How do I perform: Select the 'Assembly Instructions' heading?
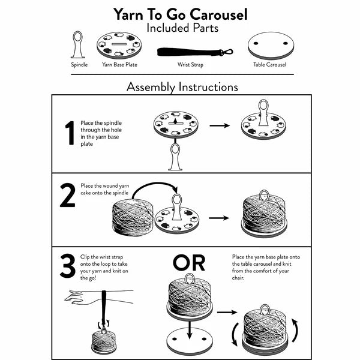pyautogui.click(x=182, y=86)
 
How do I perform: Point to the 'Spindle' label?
pyautogui.click(x=78, y=64)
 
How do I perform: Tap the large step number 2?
pyautogui.click(x=68, y=197)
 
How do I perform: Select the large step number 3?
pyautogui.click(x=68, y=268)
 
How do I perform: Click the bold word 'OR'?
pyautogui.click(x=189, y=262)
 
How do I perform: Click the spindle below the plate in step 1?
pyautogui.click(x=175, y=157)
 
